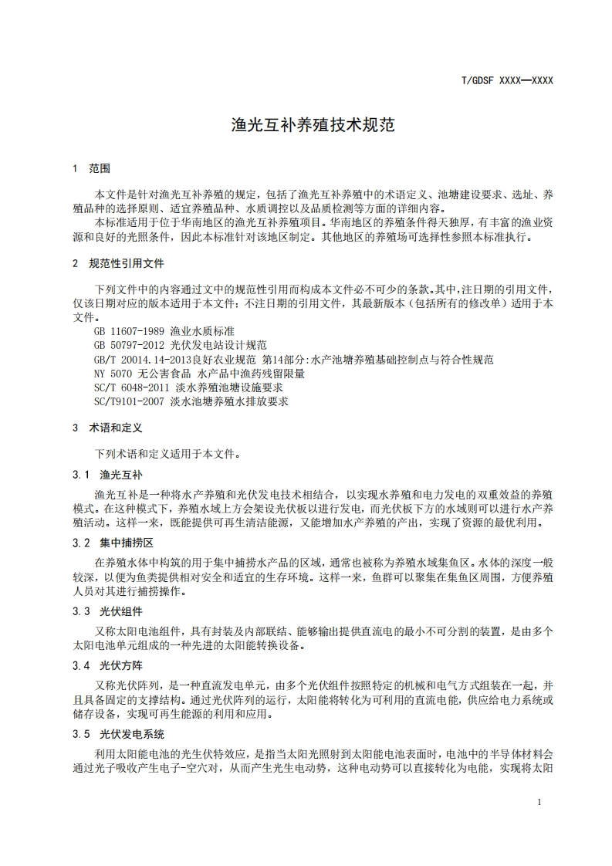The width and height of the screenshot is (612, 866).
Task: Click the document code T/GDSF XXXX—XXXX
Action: [x=507, y=80]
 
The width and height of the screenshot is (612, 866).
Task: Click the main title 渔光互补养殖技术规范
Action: [x=313, y=125]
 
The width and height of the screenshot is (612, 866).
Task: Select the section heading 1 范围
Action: [x=91, y=167]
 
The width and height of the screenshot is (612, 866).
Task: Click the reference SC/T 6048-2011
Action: [x=128, y=387]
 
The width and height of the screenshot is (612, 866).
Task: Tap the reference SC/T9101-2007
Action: [x=126, y=401]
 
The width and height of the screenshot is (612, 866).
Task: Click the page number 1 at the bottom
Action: [x=539, y=802]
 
